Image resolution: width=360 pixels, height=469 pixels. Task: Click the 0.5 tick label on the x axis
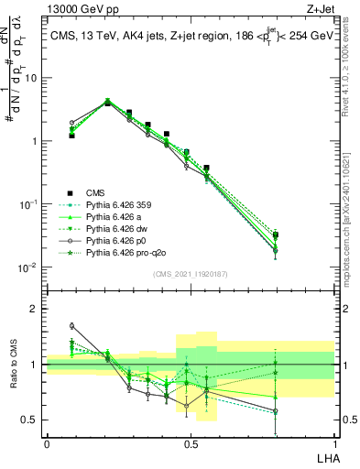(190, 444)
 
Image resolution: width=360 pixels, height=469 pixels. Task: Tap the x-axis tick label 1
(333, 444)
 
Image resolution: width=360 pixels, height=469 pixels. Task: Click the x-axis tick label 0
(47, 444)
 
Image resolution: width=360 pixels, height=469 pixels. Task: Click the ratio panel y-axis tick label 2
(36, 309)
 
